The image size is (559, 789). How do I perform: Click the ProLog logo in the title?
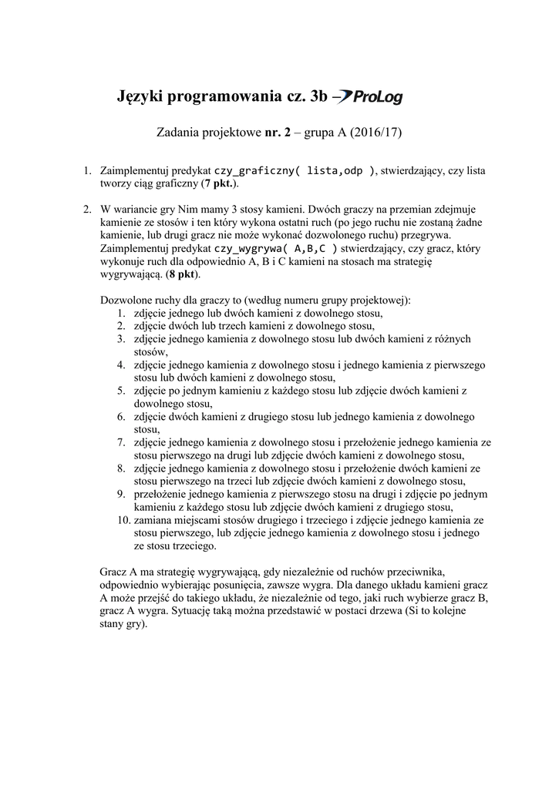[x=368, y=96]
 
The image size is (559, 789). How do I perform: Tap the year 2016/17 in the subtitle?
[x=376, y=133]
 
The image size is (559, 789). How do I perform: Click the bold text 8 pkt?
[x=181, y=274]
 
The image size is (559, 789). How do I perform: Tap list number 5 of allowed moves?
[x=122, y=391]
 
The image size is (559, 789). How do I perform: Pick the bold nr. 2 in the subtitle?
[x=276, y=133]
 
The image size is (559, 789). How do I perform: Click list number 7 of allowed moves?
[x=122, y=442]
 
